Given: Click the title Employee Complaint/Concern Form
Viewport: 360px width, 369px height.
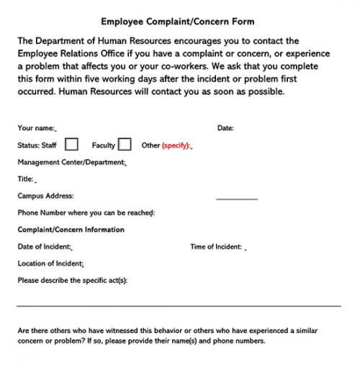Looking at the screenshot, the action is [177, 22].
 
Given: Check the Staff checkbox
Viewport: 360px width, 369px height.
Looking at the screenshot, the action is [71, 145].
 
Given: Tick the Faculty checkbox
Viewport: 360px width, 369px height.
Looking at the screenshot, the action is [125, 145].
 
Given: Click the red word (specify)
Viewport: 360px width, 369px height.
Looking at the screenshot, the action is [175, 145].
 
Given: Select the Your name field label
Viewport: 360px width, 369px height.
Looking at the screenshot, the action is [36, 128].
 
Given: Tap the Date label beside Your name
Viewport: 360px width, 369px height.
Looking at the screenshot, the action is [225, 128].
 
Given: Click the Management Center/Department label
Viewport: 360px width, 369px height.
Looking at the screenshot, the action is [71, 163].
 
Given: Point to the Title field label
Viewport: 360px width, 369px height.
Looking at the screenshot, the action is [26, 179].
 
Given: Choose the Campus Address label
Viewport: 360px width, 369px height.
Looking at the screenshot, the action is [45, 196].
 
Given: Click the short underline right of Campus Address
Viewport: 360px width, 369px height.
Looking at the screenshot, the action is [236, 199].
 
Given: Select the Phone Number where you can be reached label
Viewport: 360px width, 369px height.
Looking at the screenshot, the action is [86, 213].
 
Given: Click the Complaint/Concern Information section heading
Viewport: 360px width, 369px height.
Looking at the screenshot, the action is [71, 230].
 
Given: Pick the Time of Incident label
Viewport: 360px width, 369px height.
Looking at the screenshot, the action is [216, 247].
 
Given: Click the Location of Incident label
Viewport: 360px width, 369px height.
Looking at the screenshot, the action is [50, 263].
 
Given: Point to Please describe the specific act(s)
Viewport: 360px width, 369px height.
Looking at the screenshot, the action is [73, 281].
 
